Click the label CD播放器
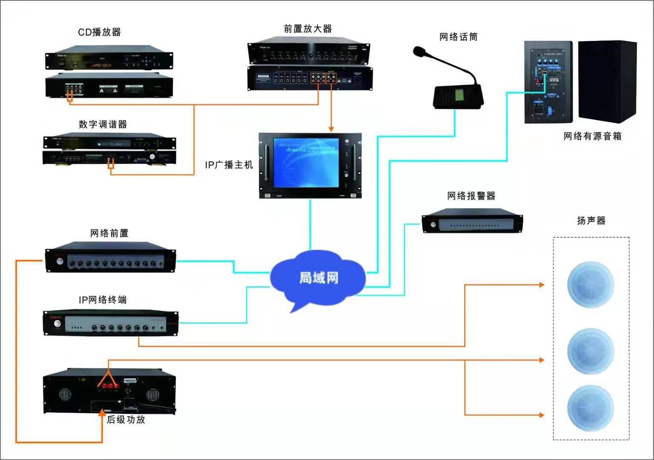point(99,32)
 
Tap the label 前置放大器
point(307,29)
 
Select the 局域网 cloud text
point(318,278)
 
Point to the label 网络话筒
point(458,37)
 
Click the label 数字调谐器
point(103,124)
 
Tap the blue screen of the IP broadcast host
point(306,162)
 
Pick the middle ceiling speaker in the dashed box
point(591,351)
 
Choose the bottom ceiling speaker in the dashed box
point(591,408)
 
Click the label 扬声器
point(591,221)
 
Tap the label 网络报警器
point(471,196)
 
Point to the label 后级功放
point(126,420)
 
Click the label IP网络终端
point(103,300)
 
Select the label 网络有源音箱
point(592,136)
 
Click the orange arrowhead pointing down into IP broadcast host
point(331,129)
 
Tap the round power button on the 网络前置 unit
point(60,261)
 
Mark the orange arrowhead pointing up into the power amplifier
point(102,412)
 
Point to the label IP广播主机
point(229,165)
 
